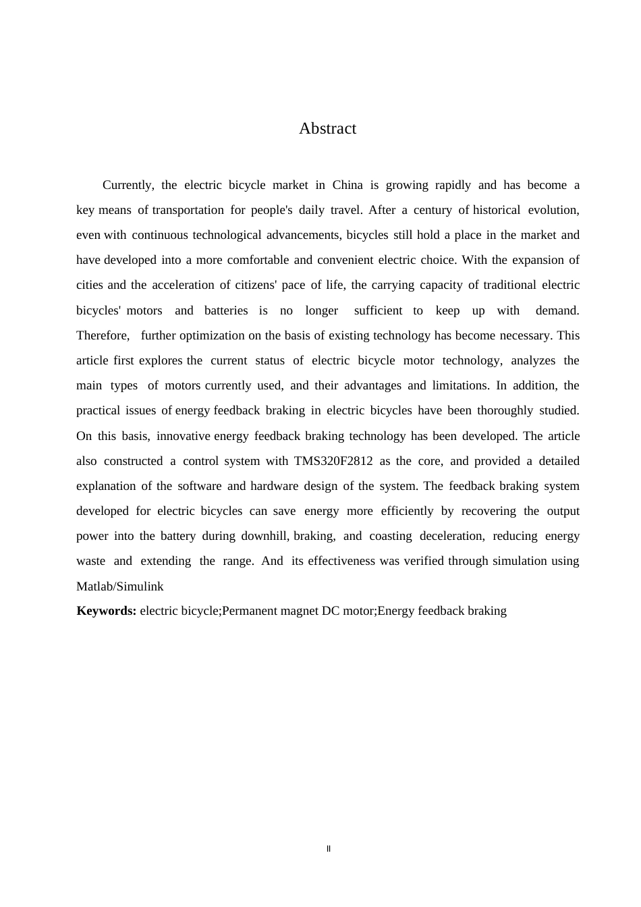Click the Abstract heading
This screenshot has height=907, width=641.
pyautogui.click(x=327, y=128)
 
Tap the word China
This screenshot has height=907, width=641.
pyautogui.click(x=347, y=185)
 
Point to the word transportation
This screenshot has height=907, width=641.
pyautogui.click(x=188, y=210)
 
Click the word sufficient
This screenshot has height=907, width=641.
pyautogui.click(x=378, y=310)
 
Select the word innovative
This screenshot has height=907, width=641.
pyautogui.click(x=183, y=436)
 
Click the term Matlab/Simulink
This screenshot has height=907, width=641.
pyautogui.click(x=120, y=586)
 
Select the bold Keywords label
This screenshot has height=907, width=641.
pyautogui.click(x=107, y=611)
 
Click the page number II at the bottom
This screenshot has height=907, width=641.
pyautogui.click(x=329, y=848)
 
